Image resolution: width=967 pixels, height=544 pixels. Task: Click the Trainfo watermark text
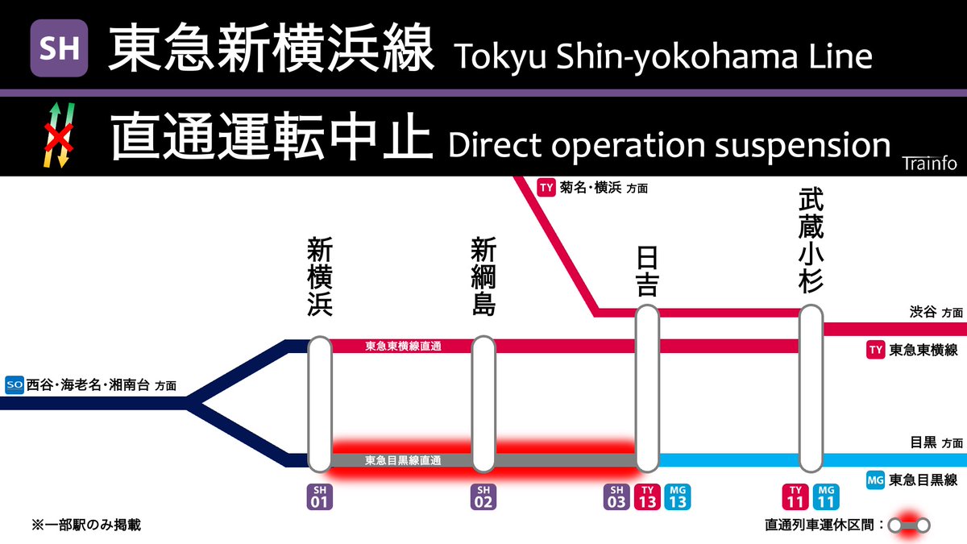929,164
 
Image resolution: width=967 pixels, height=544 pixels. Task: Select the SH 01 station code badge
320,497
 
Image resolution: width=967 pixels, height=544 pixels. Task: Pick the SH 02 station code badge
483,497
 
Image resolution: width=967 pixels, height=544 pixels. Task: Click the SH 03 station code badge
616,497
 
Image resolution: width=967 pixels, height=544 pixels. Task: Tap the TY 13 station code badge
647,497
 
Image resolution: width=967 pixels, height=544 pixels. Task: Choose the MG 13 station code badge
678,497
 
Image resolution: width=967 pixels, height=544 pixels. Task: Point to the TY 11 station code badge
795,497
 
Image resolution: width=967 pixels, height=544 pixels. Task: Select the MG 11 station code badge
826,497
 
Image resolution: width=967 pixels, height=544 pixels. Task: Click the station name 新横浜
320,277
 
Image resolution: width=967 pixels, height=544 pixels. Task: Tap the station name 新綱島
483,277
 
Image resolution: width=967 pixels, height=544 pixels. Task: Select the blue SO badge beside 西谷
14,384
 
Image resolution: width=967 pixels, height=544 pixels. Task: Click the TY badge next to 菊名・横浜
546,189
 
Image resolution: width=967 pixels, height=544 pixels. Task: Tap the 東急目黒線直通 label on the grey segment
403,461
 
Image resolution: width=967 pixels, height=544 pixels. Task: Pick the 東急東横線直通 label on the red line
403,347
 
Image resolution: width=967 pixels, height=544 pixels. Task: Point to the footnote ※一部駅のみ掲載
85,525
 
